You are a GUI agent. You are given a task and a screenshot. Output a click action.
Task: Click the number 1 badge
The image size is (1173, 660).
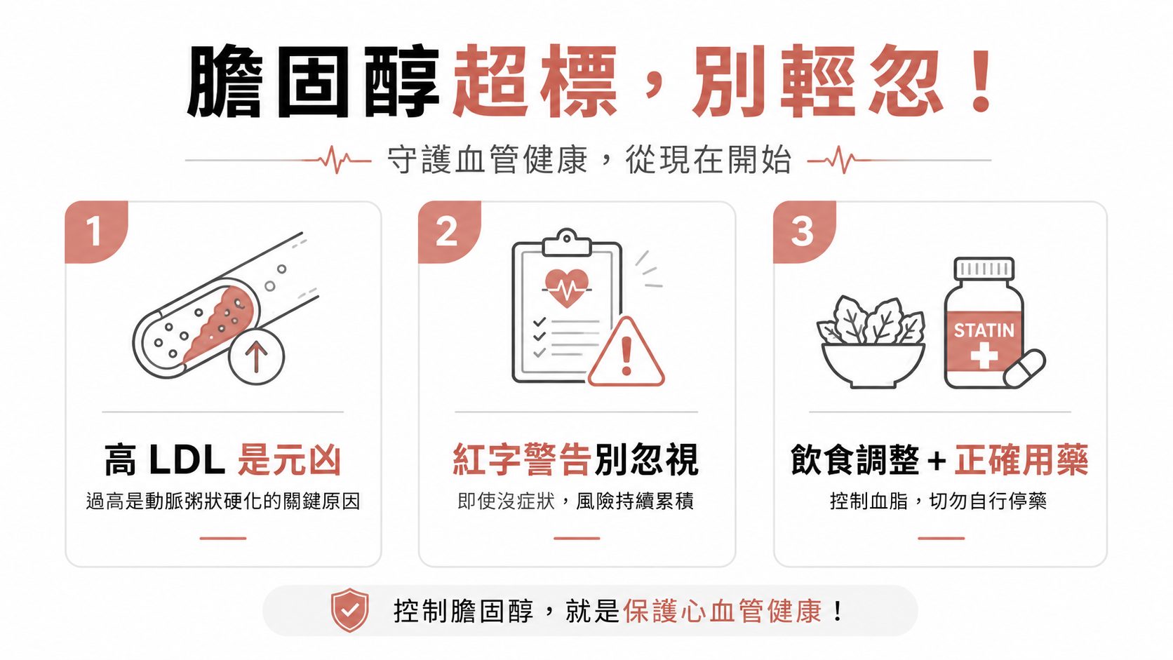[96, 231]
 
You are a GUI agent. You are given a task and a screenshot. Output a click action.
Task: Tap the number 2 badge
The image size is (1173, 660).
[449, 231]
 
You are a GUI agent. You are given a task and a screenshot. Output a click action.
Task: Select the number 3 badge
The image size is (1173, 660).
[804, 231]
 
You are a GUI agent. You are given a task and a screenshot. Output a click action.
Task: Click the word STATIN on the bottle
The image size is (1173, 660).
[984, 330]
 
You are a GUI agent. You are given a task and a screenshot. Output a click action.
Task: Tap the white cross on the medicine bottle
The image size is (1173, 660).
[984, 356]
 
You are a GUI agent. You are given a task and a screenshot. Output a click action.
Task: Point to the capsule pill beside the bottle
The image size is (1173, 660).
[1024, 368]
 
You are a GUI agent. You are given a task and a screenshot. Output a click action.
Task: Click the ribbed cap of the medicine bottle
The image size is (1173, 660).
[984, 269]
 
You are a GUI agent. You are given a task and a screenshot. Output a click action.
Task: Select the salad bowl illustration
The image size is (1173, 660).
[872, 343]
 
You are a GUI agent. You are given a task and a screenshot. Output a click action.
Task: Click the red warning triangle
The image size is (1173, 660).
[626, 351]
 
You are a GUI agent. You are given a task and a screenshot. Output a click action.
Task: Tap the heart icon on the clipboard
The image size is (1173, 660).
[567, 288]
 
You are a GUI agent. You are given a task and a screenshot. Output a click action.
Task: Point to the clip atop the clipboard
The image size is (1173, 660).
[567, 243]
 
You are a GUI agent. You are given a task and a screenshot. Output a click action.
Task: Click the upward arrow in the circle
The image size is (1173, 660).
[256, 356]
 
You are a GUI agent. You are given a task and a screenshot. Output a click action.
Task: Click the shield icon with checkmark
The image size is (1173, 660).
[350, 610]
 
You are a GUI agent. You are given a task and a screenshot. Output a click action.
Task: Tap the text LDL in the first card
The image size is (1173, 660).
[187, 460]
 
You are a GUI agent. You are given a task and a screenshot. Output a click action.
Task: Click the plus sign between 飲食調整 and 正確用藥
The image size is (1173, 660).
[937, 462]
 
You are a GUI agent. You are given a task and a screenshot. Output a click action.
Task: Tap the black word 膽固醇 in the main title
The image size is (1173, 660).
[313, 81]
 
